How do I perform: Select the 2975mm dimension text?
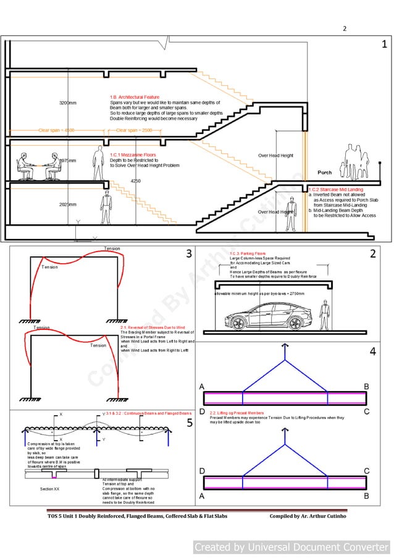click(x=67, y=161)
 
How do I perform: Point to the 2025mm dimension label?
click(x=67, y=204)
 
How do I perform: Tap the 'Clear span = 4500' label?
click(x=56, y=130)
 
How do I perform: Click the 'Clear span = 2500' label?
click(x=133, y=130)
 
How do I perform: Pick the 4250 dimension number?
click(x=135, y=181)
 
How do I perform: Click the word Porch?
click(x=324, y=172)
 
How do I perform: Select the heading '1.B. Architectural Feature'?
click(x=135, y=98)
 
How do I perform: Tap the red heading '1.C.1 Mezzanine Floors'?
click(x=133, y=155)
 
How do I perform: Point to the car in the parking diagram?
click(x=266, y=316)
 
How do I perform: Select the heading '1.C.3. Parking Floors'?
click(x=248, y=253)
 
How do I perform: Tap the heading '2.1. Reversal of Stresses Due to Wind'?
click(x=153, y=327)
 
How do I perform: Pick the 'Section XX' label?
click(x=49, y=489)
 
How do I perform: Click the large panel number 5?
click(x=190, y=423)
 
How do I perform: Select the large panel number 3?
click(x=189, y=253)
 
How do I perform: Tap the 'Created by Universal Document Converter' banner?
click(x=291, y=547)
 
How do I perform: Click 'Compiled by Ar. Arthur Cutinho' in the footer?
click(x=308, y=516)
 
